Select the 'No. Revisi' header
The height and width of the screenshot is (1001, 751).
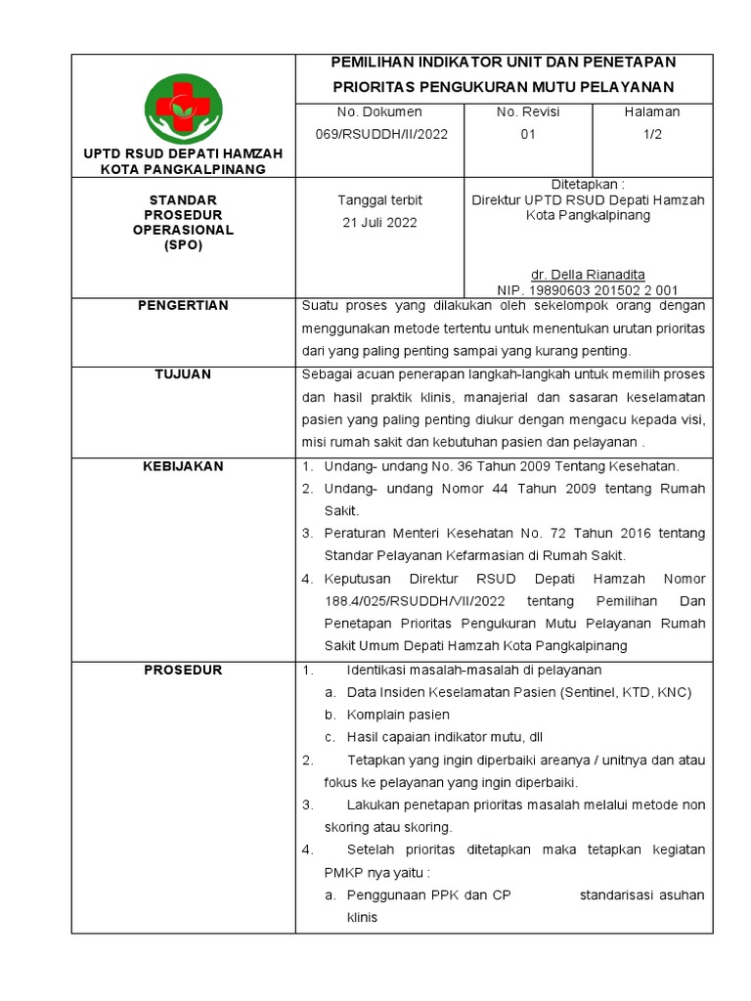527,112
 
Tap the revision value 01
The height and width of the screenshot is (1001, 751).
527,135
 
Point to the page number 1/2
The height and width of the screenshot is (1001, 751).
652,135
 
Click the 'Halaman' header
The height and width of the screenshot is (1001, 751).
652,112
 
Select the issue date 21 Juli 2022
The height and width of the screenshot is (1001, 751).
379,222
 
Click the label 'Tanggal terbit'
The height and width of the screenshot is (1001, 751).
379,199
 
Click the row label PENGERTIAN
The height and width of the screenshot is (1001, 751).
183,306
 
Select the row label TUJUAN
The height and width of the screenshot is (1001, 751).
183,374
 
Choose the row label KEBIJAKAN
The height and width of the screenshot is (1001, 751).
183,466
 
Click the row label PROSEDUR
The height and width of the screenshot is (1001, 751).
183,670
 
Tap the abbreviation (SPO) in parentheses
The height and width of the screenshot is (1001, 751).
183,245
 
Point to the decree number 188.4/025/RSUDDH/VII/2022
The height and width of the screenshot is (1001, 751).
415,600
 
